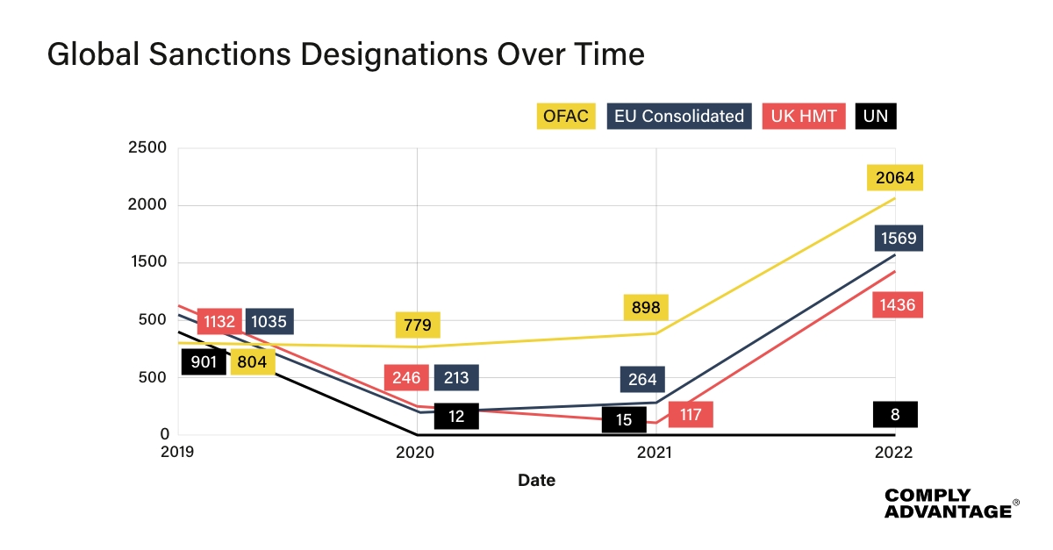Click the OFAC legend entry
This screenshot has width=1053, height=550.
pyautogui.click(x=566, y=116)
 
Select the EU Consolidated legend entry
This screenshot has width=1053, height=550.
pyautogui.click(x=678, y=116)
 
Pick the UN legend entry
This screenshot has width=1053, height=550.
pyautogui.click(x=875, y=116)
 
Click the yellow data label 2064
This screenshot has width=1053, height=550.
pyautogui.click(x=894, y=178)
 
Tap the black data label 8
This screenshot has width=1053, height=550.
pyautogui.click(x=894, y=414)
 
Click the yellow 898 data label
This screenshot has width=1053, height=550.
pyautogui.click(x=646, y=308)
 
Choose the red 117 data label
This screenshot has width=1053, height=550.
pyautogui.click(x=690, y=414)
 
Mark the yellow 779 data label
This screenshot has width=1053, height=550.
pyautogui.click(x=418, y=325)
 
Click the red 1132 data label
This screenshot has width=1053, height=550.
pyautogui.click(x=219, y=321)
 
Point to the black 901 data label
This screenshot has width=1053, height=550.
pyautogui.click(x=204, y=361)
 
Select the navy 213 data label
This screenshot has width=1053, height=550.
pyautogui.click(x=456, y=378)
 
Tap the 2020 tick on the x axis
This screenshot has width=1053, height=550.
pyautogui.click(x=417, y=453)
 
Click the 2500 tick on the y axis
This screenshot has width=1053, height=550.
pyautogui.click(x=147, y=147)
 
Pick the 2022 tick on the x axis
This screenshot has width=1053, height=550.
pyautogui.click(x=894, y=453)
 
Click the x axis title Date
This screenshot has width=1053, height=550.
pyautogui.click(x=536, y=481)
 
